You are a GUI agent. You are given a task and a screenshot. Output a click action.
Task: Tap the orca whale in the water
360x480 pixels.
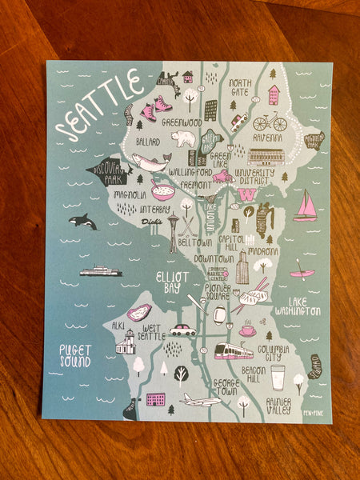pos(82,222)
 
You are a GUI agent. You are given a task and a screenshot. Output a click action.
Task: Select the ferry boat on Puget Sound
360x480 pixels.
pos(101,271)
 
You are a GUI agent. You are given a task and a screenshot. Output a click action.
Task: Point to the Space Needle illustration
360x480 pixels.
pos(173,232)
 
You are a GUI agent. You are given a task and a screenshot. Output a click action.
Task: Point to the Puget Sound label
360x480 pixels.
pos(74,356)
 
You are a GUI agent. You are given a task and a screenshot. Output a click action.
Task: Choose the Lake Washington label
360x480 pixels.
pos(298,306)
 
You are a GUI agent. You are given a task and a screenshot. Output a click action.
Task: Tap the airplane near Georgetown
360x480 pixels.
pos(198,399)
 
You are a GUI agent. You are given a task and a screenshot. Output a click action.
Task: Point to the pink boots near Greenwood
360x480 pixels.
pos(155,108)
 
